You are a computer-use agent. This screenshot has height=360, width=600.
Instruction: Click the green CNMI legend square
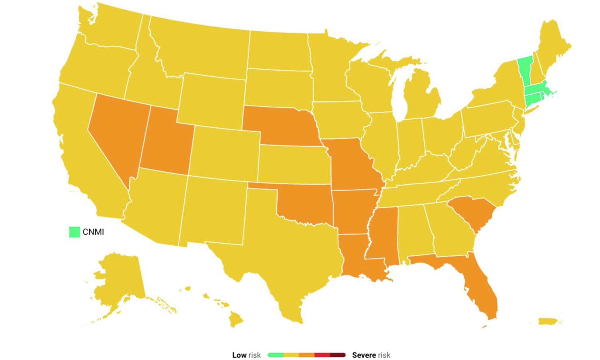[74, 232]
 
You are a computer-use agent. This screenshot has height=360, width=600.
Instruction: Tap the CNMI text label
[93, 232]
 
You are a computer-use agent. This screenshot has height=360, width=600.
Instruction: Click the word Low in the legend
[239, 355]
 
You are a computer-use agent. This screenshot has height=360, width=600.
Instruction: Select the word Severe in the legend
[364, 355]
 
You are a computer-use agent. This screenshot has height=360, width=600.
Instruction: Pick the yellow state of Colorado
[225, 153]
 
